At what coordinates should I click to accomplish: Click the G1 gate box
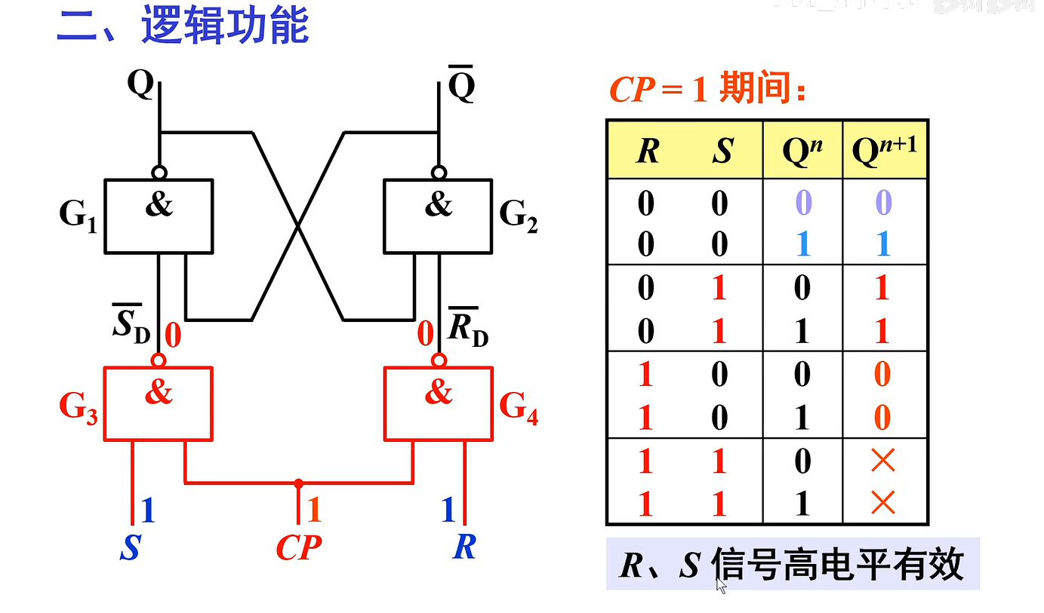159,216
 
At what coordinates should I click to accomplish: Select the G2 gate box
438,216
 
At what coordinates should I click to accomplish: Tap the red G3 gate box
159,403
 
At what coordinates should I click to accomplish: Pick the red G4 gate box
438,403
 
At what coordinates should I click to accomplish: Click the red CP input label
298,547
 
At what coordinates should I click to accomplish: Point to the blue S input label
130,547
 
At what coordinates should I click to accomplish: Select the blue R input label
464,547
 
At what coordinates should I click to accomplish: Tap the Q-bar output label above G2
461,86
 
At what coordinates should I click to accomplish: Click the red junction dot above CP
299,483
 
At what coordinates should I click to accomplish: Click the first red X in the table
882,461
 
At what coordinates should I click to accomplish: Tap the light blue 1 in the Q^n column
803,244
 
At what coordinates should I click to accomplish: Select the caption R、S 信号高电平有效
792,565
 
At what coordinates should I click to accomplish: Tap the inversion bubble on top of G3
159,359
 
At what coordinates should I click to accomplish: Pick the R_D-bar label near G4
468,326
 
